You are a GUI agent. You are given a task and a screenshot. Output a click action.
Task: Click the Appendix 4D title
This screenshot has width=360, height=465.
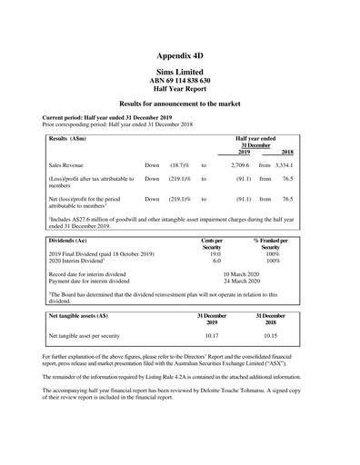coord(179,55)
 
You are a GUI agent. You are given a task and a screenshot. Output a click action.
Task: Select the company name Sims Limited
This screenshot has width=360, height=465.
coord(179,72)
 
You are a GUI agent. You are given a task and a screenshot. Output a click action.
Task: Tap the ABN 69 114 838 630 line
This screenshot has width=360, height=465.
coord(179,81)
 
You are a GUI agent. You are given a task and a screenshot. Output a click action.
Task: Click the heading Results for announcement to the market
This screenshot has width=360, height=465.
coord(179,105)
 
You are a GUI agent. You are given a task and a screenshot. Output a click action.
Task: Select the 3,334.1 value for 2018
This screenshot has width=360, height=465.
coord(284,166)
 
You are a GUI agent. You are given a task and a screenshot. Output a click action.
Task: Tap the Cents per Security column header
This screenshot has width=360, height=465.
coord(211,243)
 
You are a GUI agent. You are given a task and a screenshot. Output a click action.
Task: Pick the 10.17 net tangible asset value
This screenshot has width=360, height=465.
coord(211,335)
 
